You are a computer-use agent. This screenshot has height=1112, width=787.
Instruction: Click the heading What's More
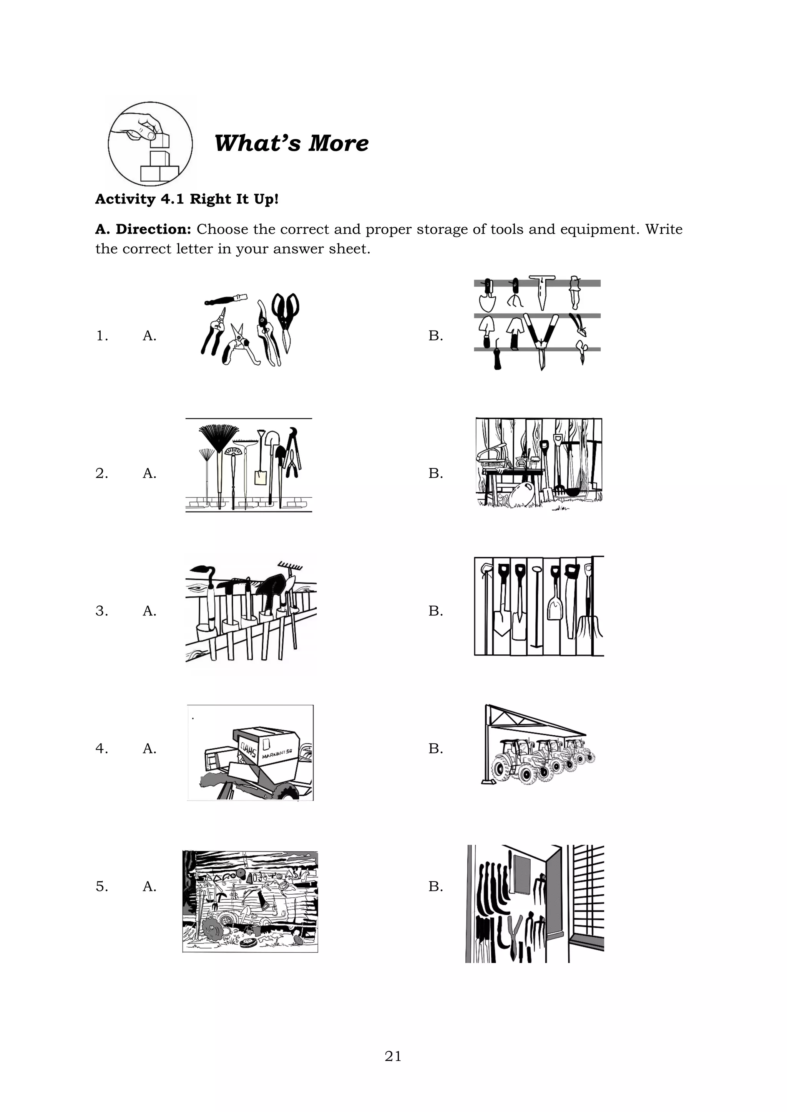(x=291, y=143)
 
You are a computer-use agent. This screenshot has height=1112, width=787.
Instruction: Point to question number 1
(x=102, y=336)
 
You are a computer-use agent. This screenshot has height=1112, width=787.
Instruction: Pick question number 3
(x=102, y=611)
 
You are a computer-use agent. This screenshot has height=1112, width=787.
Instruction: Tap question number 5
(x=102, y=886)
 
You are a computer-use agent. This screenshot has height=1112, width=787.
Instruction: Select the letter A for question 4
(x=149, y=749)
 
